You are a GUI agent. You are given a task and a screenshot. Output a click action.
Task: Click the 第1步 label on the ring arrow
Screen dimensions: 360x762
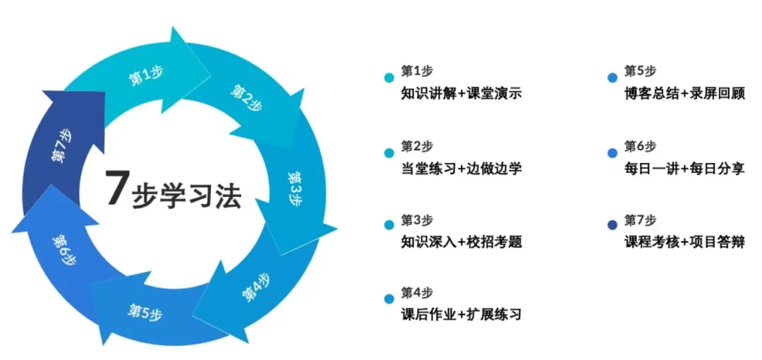[x=146, y=76]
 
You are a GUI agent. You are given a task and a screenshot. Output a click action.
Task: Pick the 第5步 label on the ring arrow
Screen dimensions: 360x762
[x=145, y=311]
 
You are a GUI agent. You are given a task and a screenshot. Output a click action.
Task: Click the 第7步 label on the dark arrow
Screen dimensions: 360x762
[x=62, y=145]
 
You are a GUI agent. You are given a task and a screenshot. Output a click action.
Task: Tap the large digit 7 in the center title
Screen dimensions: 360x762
[x=116, y=188]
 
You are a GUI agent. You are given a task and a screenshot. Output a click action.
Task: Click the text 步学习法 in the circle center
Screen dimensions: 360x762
[x=187, y=196]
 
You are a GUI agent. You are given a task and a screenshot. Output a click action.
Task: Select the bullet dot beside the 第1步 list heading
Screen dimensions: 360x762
[x=389, y=78]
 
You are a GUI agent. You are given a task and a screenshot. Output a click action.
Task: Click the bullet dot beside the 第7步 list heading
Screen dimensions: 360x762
[x=612, y=225]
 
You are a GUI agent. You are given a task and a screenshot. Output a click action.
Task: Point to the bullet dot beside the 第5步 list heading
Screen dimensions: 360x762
[x=612, y=78]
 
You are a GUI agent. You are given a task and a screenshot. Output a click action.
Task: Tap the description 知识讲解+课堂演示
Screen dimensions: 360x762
[x=461, y=93]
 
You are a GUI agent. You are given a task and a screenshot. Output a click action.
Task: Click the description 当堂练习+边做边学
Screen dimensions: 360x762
[x=461, y=168]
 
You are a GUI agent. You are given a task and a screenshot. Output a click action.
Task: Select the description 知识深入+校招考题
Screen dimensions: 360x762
[x=461, y=242]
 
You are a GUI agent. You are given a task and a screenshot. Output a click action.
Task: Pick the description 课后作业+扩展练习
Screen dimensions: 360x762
[x=461, y=314]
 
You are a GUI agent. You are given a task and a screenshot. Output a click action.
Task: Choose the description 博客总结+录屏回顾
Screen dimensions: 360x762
[x=684, y=93]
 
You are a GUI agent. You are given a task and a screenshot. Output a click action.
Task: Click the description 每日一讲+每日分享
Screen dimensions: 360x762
[x=684, y=168]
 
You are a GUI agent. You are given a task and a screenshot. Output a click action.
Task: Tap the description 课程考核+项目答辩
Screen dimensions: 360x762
[x=684, y=241]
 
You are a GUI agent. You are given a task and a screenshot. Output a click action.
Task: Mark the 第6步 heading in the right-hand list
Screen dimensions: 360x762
[x=640, y=146]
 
